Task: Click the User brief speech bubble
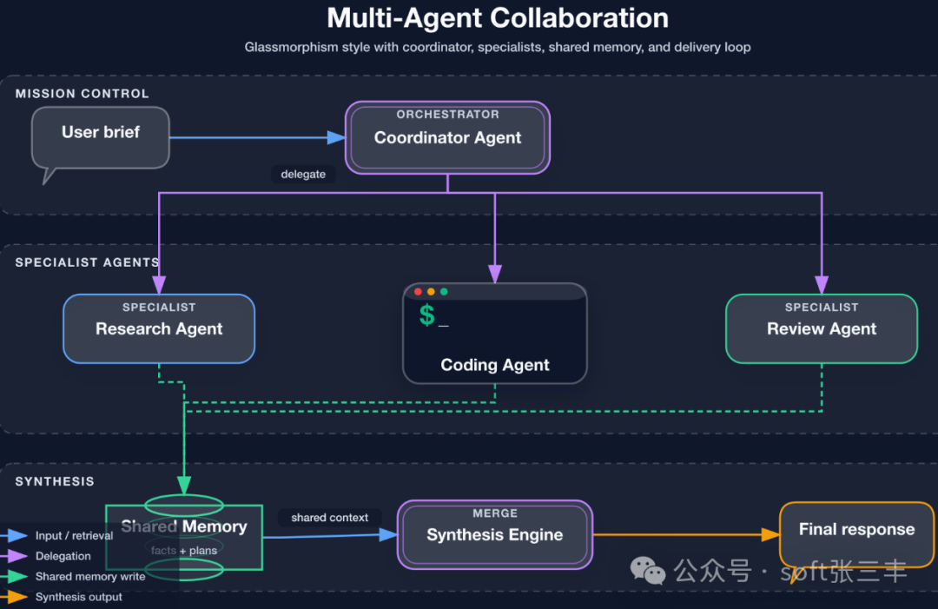click(101, 137)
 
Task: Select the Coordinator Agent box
click(447, 138)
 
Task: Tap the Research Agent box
click(159, 328)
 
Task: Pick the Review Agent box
click(822, 328)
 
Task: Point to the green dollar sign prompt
click(426, 315)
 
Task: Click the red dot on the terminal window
click(418, 292)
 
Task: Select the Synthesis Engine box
click(494, 535)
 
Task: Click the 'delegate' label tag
click(303, 175)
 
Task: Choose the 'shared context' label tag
click(330, 518)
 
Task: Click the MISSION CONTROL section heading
click(82, 94)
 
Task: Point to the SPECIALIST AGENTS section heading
click(87, 262)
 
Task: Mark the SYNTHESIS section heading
click(55, 481)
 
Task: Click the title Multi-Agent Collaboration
click(498, 18)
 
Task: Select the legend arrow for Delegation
click(16, 556)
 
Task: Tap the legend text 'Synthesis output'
click(79, 597)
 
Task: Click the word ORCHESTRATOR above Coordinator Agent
click(447, 115)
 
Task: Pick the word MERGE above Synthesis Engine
click(495, 513)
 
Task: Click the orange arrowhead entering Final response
click(770, 535)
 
